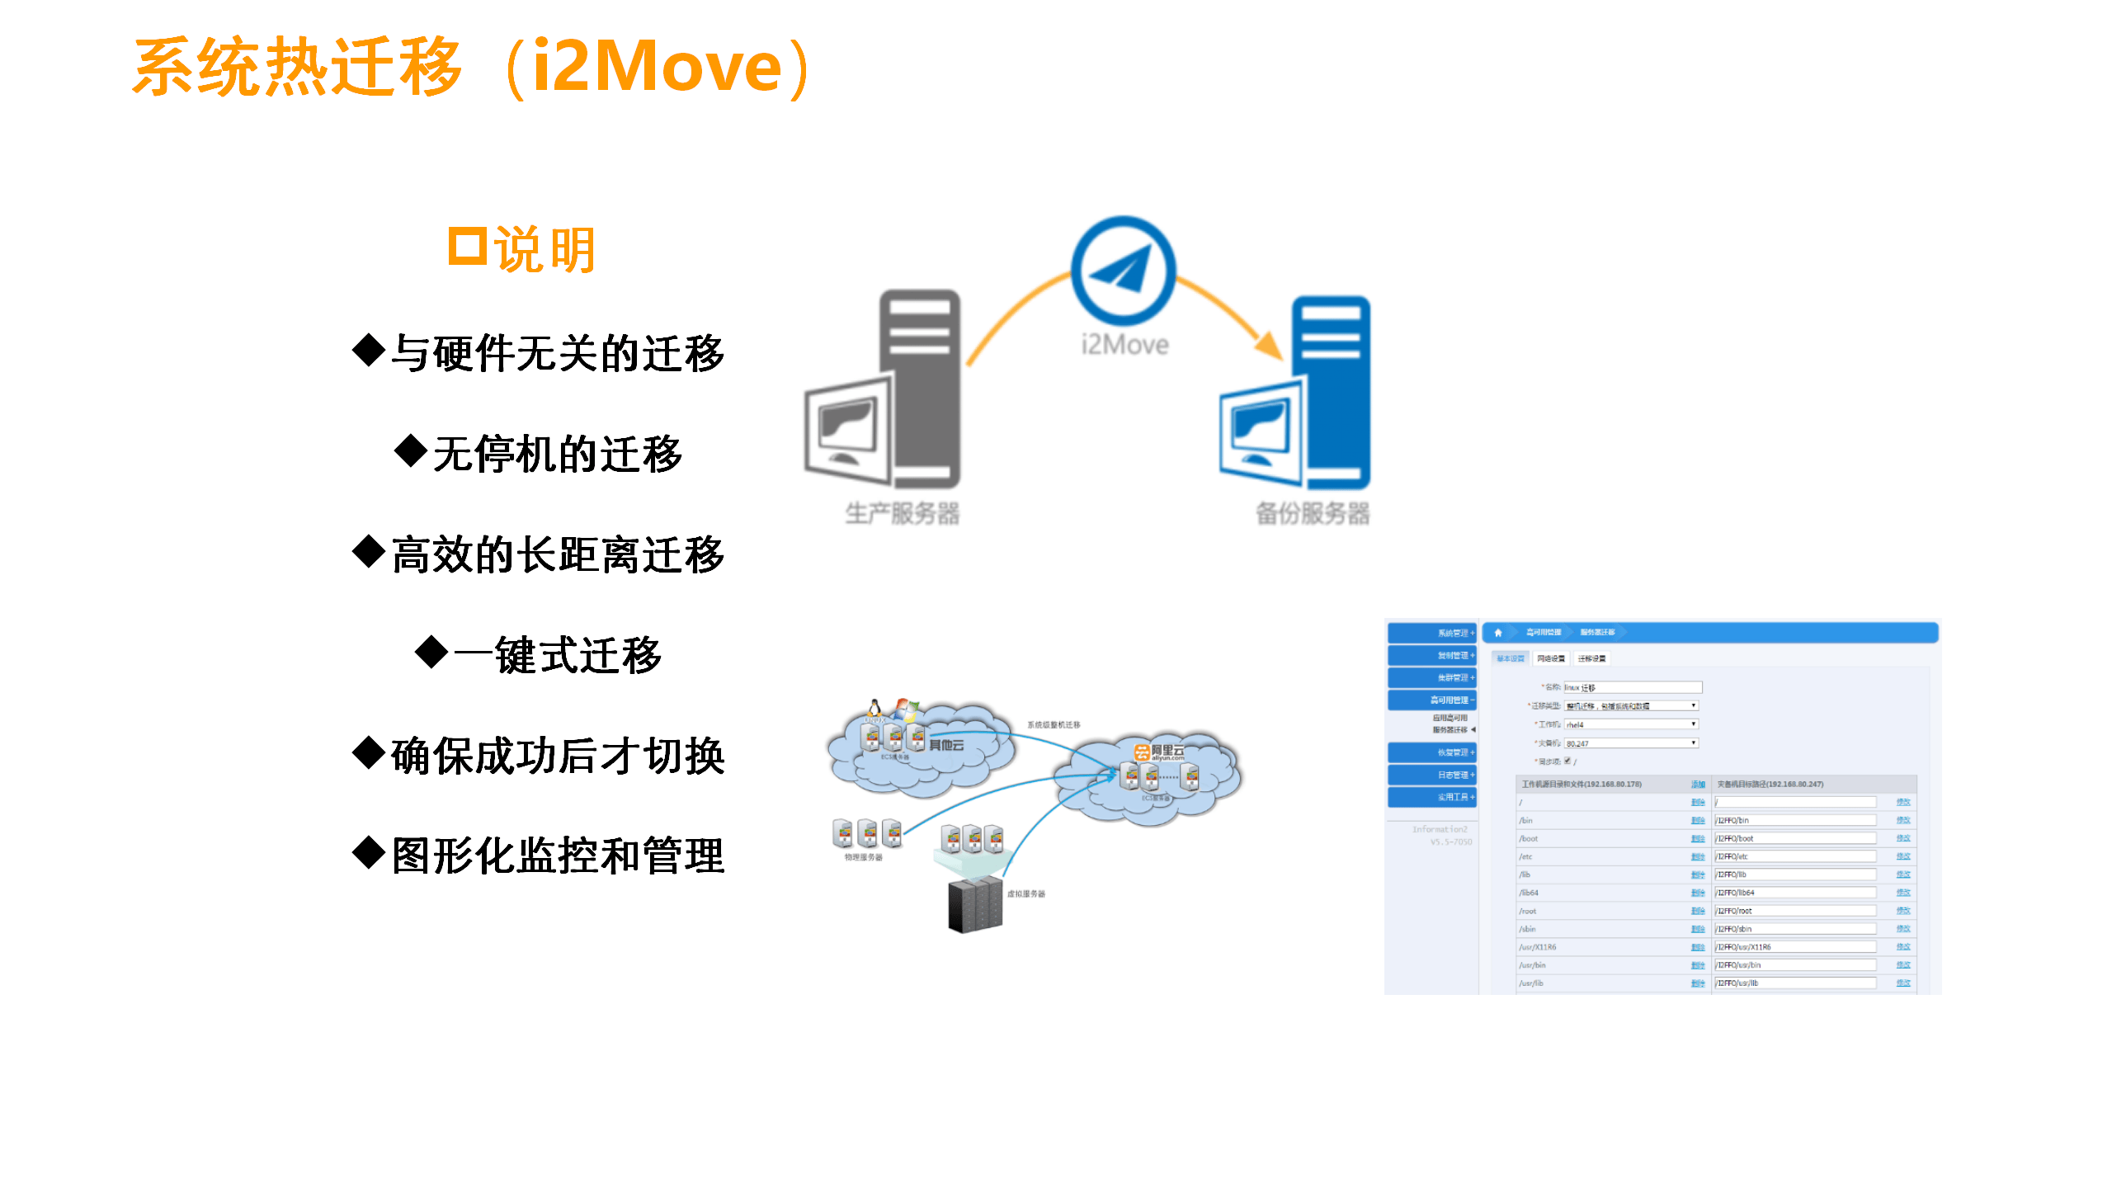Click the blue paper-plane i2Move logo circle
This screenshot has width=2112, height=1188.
tap(1123, 270)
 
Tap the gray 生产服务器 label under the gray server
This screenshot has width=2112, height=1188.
tap(902, 513)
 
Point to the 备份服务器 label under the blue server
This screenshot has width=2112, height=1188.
tap(1313, 513)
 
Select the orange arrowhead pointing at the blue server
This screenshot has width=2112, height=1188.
tap(1268, 345)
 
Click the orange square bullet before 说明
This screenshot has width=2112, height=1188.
tap(467, 246)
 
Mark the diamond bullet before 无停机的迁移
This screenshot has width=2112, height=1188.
tap(410, 450)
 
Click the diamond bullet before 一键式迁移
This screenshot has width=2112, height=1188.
tap(431, 652)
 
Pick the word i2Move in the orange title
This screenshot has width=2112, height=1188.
tap(658, 66)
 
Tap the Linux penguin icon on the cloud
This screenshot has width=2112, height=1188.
tap(874, 708)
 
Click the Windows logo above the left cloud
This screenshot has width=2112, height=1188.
tap(906, 709)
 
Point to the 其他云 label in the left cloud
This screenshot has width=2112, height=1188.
tap(946, 745)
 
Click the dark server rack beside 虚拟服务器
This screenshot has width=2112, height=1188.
tap(975, 905)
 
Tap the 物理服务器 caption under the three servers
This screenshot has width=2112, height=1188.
tap(863, 857)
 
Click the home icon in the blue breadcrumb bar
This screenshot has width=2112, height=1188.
tap(1498, 633)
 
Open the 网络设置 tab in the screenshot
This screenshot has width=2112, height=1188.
tap(1550, 658)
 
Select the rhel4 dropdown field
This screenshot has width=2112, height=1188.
tap(1631, 724)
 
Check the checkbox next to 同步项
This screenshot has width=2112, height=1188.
tap(1567, 761)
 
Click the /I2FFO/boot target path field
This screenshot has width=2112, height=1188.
tap(1795, 838)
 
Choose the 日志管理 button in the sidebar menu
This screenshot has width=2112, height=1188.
tap(1431, 775)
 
